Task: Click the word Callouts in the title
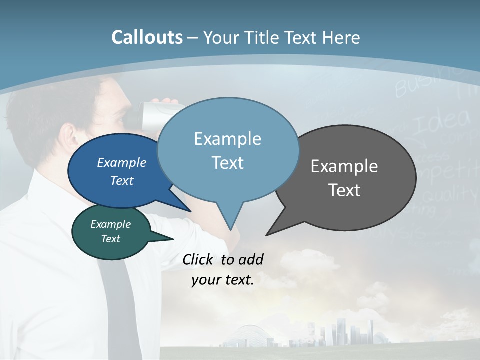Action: pos(147,37)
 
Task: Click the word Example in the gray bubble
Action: pos(344,166)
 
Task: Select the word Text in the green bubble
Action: pos(111,239)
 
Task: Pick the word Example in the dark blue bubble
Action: pos(122,162)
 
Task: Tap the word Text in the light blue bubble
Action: pos(228,163)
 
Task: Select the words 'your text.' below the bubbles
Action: pos(223,280)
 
